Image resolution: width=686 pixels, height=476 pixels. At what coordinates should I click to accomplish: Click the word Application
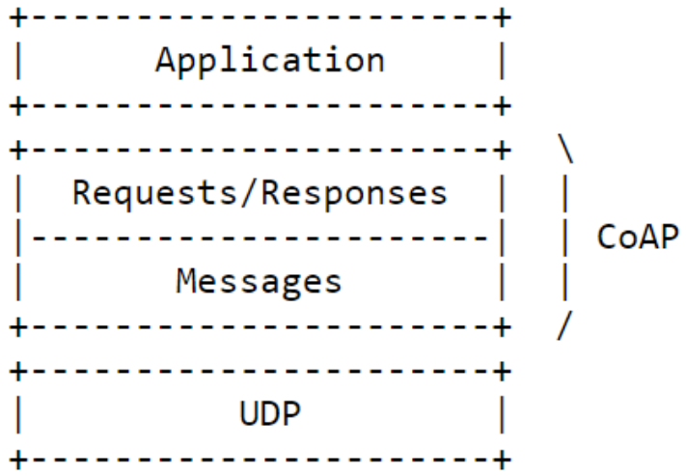pyautogui.click(x=269, y=60)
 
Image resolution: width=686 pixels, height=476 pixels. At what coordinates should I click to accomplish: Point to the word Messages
pyautogui.click(x=259, y=281)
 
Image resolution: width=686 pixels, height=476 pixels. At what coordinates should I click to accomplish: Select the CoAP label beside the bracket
pyautogui.click(x=638, y=238)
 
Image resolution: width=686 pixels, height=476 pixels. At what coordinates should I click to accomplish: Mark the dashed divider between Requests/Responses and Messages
pyautogui.click(x=259, y=238)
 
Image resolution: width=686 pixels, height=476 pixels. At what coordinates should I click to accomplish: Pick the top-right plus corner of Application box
pyautogui.click(x=501, y=17)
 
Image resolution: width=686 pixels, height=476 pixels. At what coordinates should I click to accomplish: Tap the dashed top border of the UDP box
pyautogui.click(x=259, y=371)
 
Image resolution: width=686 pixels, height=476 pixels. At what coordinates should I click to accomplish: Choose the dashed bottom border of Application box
pyautogui.click(x=259, y=104)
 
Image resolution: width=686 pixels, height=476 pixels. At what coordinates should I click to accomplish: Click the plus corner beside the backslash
pyautogui.click(x=501, y=151)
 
